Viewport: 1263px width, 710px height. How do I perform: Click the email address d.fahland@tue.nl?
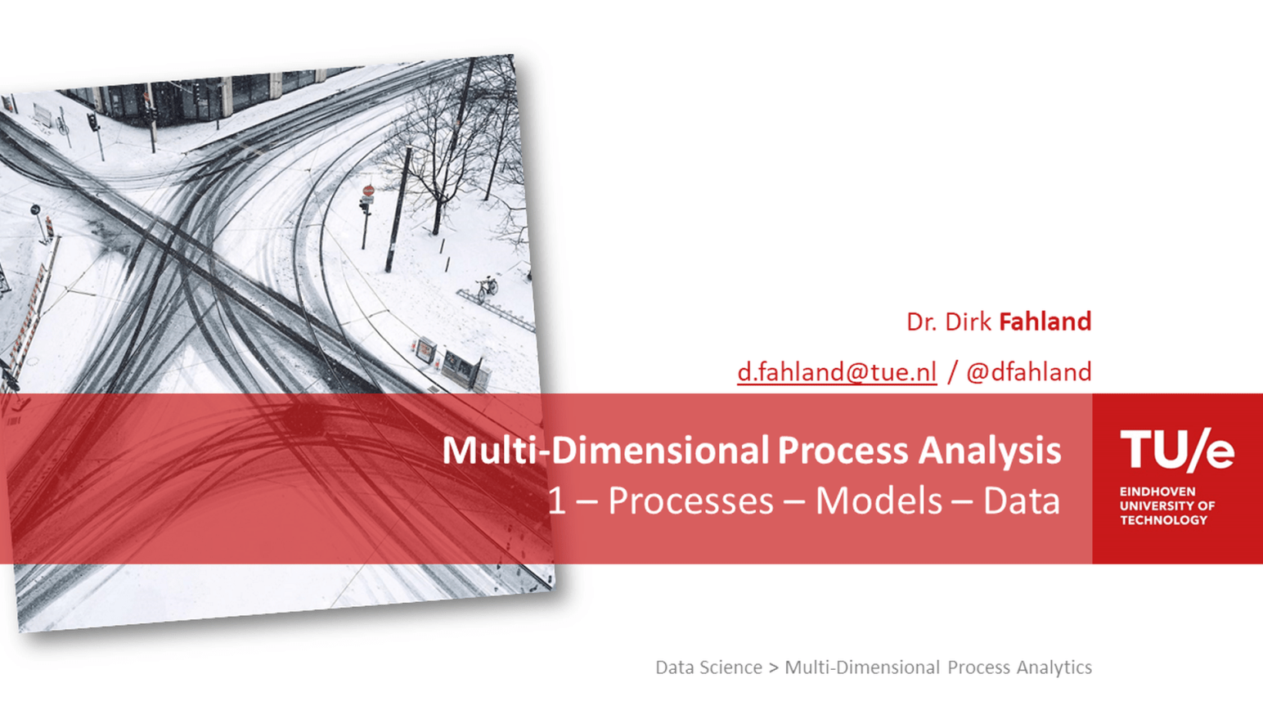pyautogui.click(x=836, y=372)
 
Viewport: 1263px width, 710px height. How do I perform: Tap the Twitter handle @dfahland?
pyautogui.click(x=1028, y=372)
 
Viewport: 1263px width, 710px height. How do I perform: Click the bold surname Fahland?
pyautogui.click(x=1045, y=321)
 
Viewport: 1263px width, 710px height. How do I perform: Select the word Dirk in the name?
pyautogui.click(x=968, y=321)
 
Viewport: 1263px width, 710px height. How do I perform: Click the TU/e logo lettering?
pyautogui.click(x=1176, y=450)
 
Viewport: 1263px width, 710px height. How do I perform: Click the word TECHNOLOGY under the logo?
pyautogui.click(x=1163, y=520)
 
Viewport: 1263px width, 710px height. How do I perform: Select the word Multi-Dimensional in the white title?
pyautogui.click(x=605, y=451)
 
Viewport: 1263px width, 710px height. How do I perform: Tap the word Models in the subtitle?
pyautogui.click(x=878, y=501)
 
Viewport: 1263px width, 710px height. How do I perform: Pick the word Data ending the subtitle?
pyautogui.click(x=1021, y=501)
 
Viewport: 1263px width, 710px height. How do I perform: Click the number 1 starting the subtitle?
pyautogui.click(x=556, y=501)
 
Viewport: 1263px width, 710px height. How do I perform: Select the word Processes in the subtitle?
pyautogui.click(x=690, y=501)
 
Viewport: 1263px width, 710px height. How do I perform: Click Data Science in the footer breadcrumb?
pyautogui.click(x=708, y=667)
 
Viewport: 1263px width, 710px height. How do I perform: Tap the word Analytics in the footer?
pyautogui.click(x=1054, y=667)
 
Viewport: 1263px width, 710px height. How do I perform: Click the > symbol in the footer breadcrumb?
pyautogui.click(x=773, y=668)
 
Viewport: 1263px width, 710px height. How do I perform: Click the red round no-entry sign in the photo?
pyautogui.click(x=368, y=191)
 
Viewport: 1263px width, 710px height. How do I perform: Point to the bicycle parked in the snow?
pyautogui.click(x=487, y=286)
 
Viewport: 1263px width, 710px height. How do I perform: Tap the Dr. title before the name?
pyautogui.click(x=922, y=321)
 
